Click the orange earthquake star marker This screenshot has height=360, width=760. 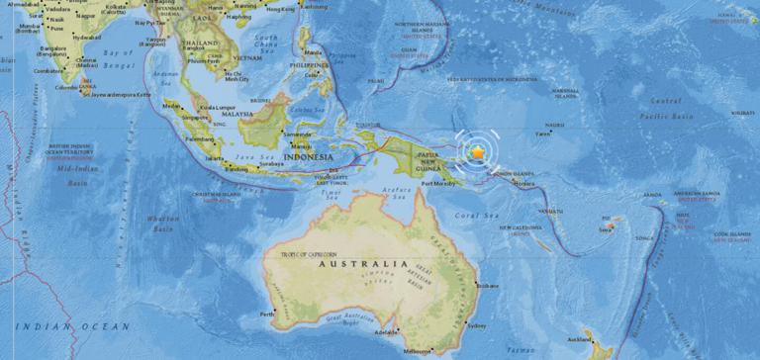(x=479, y=152)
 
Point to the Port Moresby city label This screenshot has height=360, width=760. (x=434, y=183)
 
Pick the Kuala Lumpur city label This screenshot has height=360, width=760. (x=205, y=106)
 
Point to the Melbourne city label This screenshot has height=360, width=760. (x=417, y=351)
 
